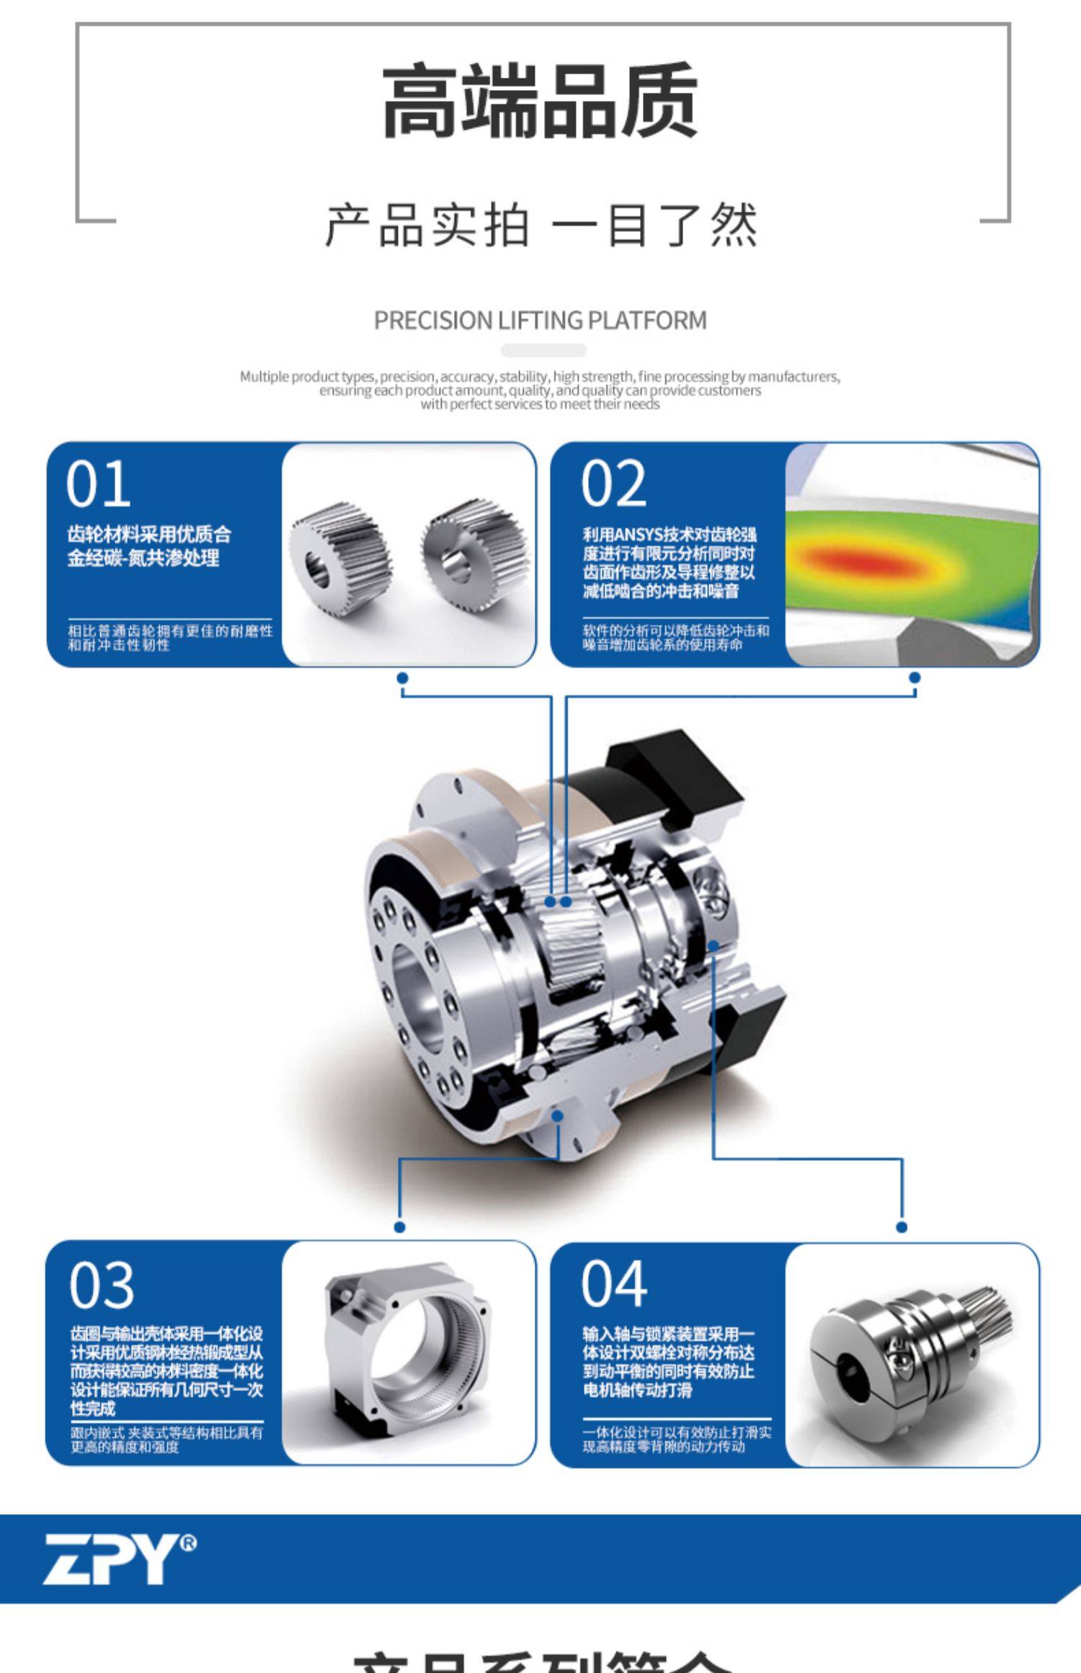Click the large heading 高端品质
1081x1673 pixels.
[540, 101]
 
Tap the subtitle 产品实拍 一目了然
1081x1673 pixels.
[540, 225]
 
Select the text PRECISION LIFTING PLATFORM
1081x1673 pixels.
[540, 320]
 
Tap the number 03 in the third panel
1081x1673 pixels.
[102, 1286]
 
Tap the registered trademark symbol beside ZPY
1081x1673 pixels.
[188, 1543]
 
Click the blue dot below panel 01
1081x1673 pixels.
[402, 678]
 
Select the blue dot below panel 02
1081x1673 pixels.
[915, 677]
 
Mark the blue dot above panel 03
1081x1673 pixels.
[400, 1226]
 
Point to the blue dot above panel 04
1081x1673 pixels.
[902, 1226]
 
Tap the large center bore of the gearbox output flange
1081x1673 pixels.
[418, 994]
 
